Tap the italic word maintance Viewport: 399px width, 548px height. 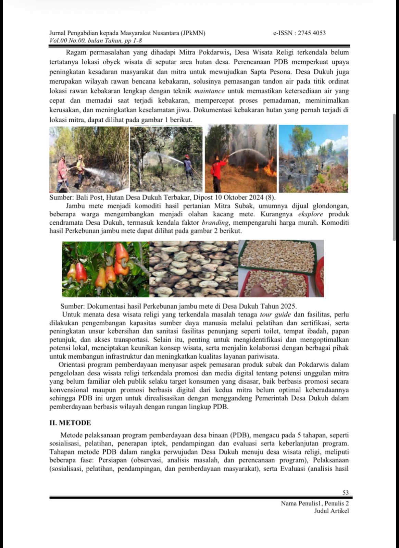(x=209, y=91)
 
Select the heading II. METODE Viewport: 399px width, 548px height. (x=70, y=423)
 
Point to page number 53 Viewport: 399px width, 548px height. (x=346, y=493)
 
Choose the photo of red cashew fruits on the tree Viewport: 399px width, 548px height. (x=105, y=269)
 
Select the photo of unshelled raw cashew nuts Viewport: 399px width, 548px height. (x=194, y=269)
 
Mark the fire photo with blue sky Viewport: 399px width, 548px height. (x=313, y=159)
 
